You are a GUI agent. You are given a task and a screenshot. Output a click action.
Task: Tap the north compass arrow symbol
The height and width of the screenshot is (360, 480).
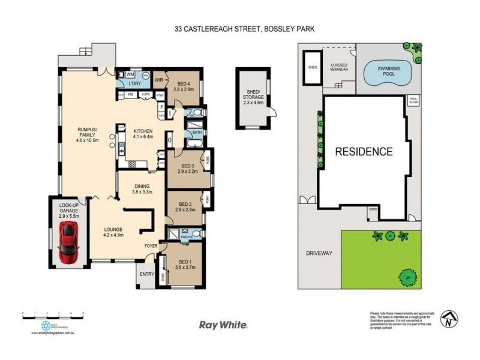pyautogui.click(x=448, y=317)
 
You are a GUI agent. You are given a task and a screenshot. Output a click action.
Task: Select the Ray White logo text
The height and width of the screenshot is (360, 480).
pyautogui.click(x=223, y=325)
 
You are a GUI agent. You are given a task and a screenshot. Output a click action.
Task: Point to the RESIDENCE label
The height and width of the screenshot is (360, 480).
pyautogui.click(x=364, y=151)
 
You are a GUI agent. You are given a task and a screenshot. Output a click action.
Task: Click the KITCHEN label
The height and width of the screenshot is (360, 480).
pyautogui.click(x=143, y=133)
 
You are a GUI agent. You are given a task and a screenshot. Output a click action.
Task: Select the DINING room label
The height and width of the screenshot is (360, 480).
pyautogui.click(x=144, y=189)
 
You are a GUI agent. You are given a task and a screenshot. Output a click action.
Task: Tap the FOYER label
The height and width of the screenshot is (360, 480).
pyautogui.click(x=151, y=246)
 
